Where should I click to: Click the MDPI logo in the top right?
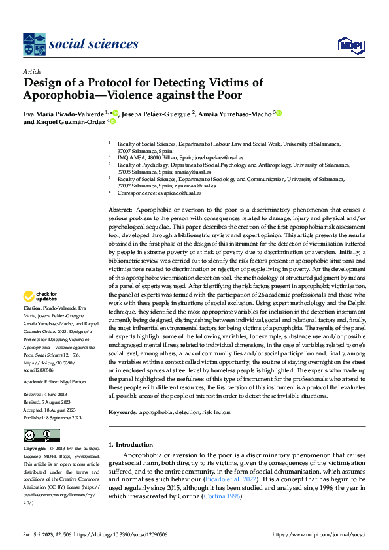coord(350,44)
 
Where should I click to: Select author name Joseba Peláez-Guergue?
coord(157,113)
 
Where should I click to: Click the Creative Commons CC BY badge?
coord(41,436)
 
